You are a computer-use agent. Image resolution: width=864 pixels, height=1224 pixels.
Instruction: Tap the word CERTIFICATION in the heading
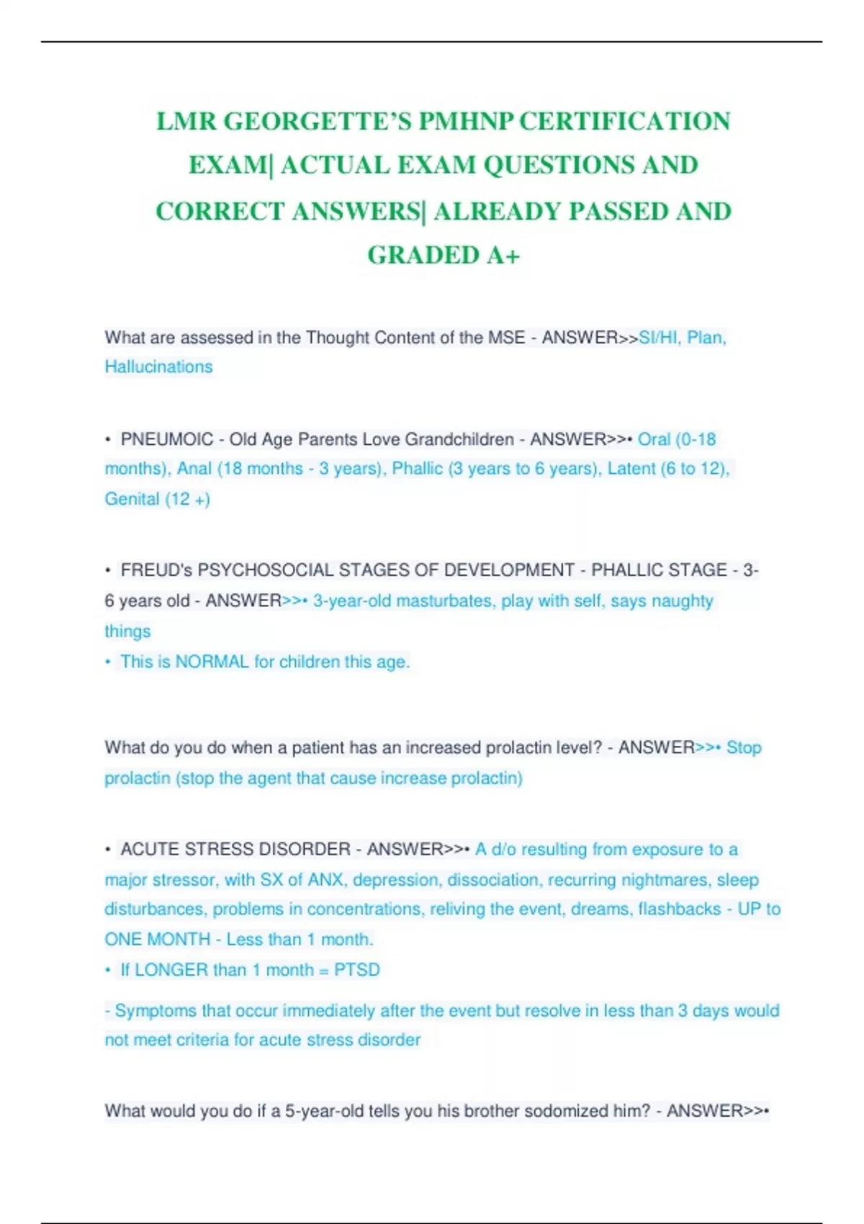pos(624,121)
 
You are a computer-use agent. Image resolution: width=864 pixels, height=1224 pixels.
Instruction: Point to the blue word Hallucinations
pos(158,366)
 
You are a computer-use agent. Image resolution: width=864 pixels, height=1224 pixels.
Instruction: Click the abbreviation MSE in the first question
pos(507,338)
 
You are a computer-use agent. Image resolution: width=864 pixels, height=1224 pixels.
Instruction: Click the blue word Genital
pos(132,499)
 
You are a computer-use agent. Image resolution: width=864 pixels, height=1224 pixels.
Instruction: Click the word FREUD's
pos(156,570)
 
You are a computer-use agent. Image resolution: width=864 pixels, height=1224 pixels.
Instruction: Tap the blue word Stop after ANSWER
pos(744,747)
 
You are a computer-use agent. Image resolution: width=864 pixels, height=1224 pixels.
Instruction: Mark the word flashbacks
pos(679,909)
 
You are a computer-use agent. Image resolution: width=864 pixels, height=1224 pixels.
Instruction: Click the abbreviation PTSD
pos(356,970)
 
